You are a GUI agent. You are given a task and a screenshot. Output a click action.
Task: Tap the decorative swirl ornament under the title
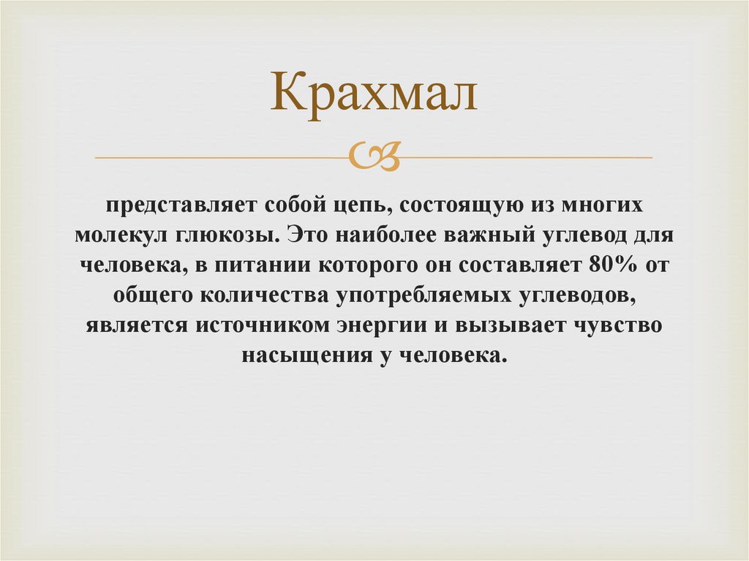point(374,156)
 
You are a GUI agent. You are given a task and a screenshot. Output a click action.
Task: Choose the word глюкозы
point(222,236)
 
